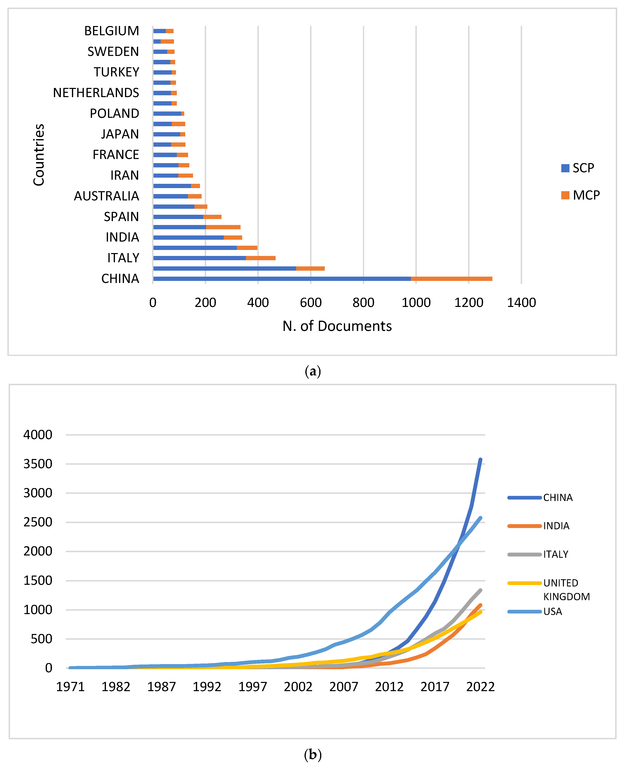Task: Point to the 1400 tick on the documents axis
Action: [x=521, y=302]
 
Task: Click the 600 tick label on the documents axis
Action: [x=311, y=302]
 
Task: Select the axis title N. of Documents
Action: [x=337, y=326]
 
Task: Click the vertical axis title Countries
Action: [x=39, y=155]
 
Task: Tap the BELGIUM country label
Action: [x=112, y=31]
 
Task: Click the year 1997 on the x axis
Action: [x=253, y=687]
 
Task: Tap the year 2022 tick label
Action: [x=480, y=687]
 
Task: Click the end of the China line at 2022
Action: [x=480, y=460]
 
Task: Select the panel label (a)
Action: [x=312, y=371]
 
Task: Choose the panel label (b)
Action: [x=312, y=754]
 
